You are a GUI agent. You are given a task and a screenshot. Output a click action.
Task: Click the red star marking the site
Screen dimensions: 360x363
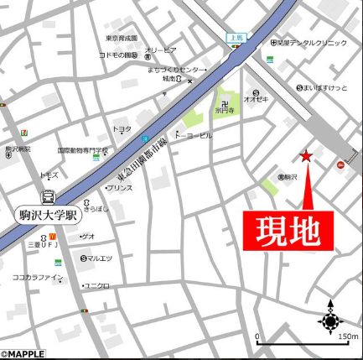306,155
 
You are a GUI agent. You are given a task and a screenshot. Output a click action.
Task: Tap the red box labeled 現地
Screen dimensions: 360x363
289,229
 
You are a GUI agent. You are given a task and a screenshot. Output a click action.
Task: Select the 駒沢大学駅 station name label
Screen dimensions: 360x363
48,214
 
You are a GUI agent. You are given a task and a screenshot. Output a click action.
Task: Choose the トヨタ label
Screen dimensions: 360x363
122,128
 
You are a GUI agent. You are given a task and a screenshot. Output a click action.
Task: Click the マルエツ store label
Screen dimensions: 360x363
99,258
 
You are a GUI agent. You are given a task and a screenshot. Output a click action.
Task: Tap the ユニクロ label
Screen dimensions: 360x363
97,285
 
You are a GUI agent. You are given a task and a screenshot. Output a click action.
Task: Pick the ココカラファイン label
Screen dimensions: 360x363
37,277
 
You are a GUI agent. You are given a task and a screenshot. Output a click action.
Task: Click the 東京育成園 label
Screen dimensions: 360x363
122,39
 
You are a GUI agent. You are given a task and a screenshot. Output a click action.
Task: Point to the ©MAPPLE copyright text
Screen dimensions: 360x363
23,354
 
